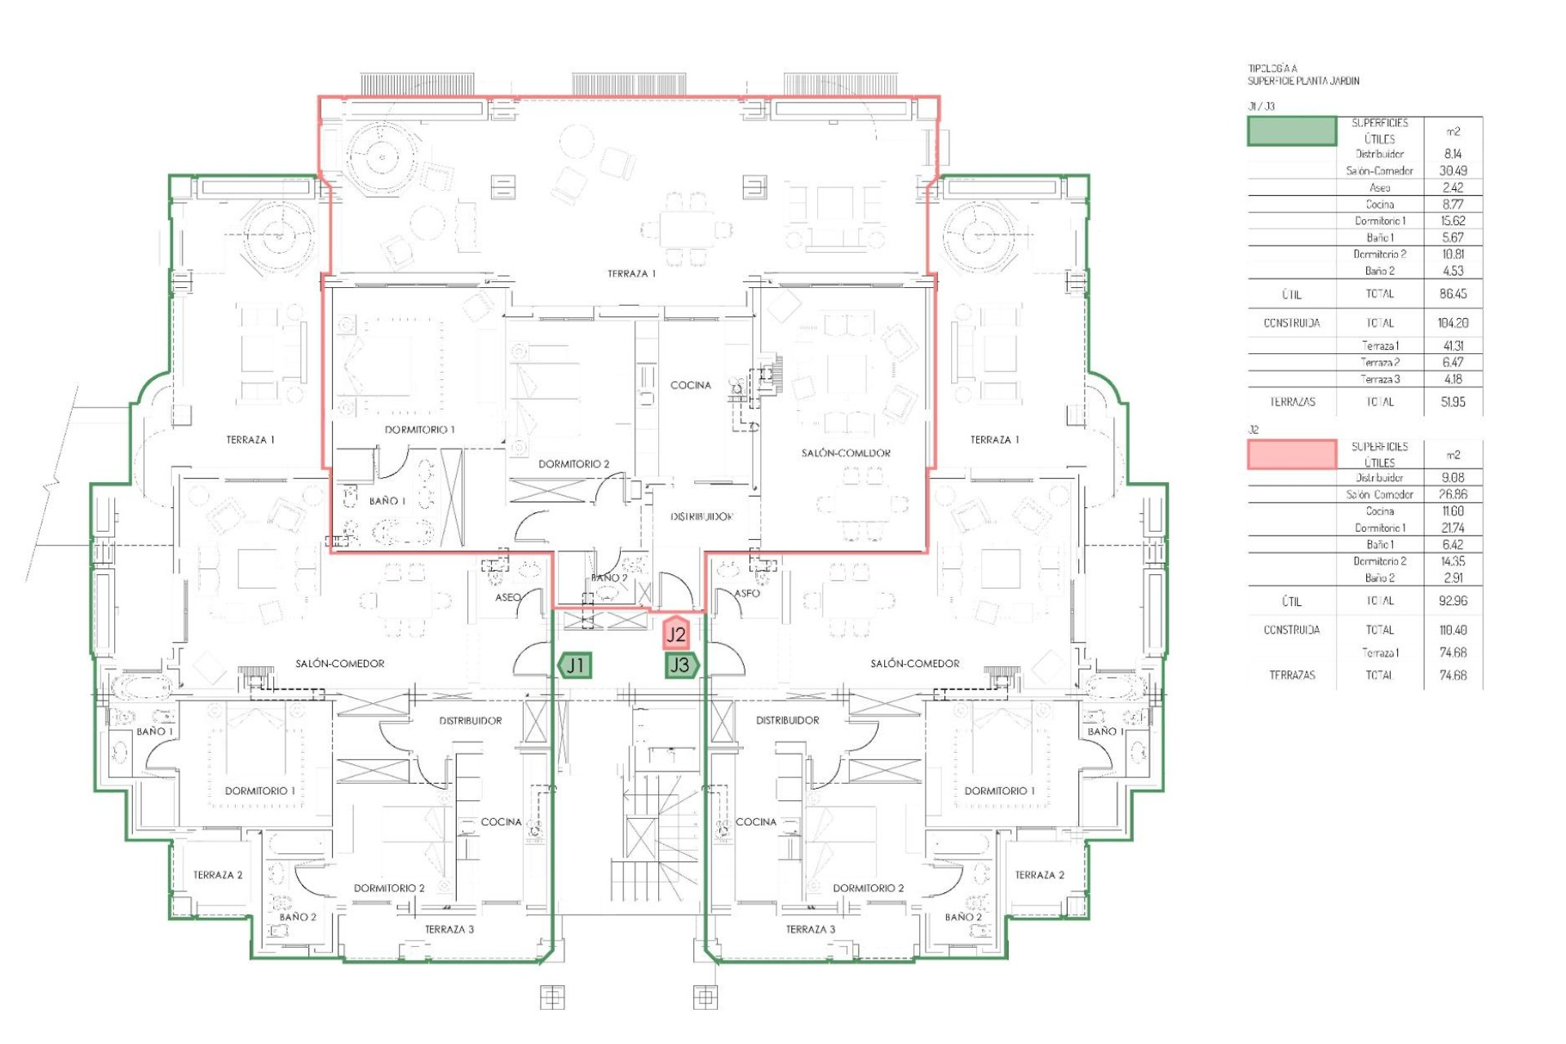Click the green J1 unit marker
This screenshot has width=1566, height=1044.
(575, 666)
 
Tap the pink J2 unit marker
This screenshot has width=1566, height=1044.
(676, 634)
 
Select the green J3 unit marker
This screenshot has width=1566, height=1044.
(680, 666)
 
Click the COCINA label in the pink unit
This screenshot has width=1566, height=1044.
(690, 385)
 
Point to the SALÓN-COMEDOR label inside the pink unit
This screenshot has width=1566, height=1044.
(845, 453)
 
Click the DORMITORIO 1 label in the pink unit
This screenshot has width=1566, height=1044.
(419, 429)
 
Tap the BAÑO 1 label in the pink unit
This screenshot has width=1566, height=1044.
(387, 501)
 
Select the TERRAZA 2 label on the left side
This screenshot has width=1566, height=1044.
(218, 875)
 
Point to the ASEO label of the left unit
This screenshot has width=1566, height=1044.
(508, 597)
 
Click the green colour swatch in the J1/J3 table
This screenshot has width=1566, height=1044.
(1292, 131)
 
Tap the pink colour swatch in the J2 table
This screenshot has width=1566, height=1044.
(1292, 454)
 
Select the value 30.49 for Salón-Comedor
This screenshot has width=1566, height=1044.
(1453, 170)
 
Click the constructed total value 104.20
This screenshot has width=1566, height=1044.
(1453, 323)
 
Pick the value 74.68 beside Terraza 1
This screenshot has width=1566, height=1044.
(1453, 652)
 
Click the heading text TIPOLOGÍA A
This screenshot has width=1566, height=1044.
(1273, 69)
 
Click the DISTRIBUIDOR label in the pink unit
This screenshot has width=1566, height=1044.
(701, 516)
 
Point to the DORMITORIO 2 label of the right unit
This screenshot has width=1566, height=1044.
(868, 888)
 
